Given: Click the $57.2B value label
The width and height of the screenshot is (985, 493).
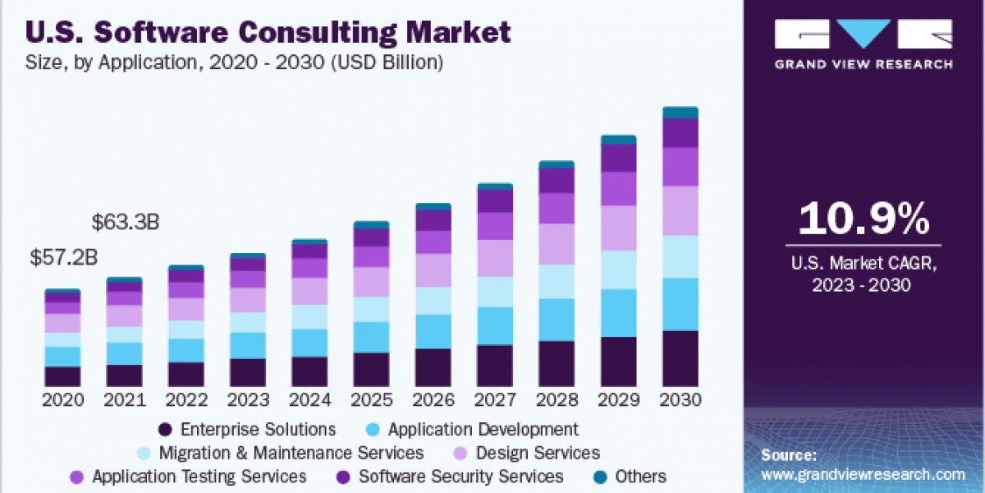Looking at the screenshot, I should pos(63,257).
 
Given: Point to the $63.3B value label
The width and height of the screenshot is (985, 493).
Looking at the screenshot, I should pos(125,222).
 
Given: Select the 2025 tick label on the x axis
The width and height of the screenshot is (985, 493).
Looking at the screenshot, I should pos(371,400).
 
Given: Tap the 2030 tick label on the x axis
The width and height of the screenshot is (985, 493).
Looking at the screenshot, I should pos(680,400).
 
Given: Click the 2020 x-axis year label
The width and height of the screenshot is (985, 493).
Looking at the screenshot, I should pos(63,400).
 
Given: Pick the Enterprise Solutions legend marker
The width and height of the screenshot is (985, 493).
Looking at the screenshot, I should pos(165,430).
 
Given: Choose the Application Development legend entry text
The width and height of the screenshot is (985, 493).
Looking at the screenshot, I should pos(483,429).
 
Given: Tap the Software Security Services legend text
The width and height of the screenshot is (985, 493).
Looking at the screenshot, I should pos(460,477).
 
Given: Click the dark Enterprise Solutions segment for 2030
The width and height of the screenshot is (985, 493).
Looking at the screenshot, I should pos(680,358).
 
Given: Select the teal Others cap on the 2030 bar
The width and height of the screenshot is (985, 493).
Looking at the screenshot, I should pos(680,113).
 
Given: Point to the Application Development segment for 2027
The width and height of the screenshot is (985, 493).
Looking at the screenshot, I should pos(495,326).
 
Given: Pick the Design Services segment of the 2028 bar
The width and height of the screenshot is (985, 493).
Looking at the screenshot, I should pos(557,244).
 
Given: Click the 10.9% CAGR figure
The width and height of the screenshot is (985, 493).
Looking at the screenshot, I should pos(864,220).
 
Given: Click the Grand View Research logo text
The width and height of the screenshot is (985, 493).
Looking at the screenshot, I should pos(864,64).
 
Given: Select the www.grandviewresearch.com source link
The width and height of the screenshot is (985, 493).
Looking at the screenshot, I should pos(862,474).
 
